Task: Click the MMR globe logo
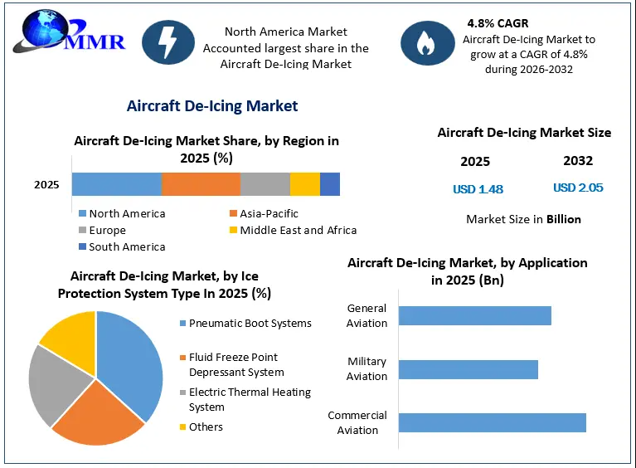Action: point(69,32)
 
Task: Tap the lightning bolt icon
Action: point(168,42)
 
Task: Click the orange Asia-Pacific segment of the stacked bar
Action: point(201,184)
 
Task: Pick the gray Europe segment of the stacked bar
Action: point(265,184)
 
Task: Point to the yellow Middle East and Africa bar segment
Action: point(305,184)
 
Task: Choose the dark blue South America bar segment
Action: point(330,184)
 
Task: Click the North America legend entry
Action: point(122,213)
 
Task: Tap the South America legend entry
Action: point(122,246)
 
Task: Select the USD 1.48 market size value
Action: point(478,189)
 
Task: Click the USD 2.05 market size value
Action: point(578,188)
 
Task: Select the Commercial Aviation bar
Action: point(493,422)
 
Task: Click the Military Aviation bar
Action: point(469,369)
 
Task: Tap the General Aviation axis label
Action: point(367,315)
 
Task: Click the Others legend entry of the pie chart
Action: point(201,427)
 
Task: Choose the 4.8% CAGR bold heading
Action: point(498,23)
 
